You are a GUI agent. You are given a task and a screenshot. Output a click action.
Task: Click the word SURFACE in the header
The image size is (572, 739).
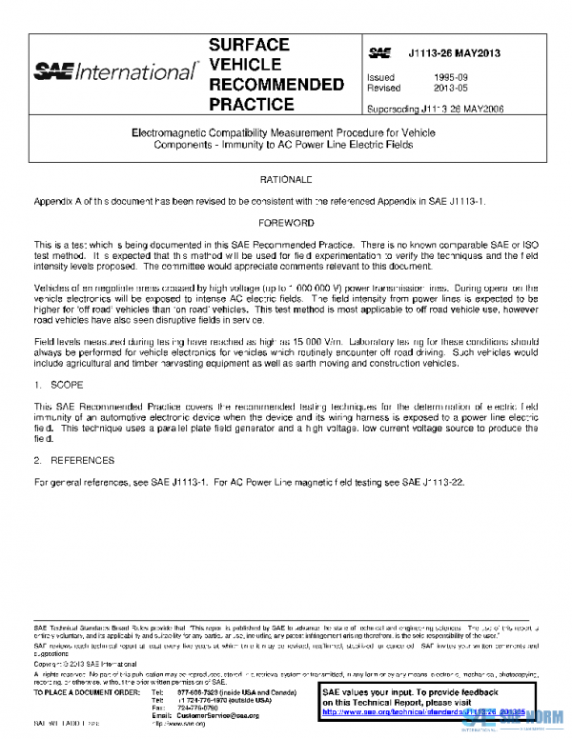pyautogui.click(x=249, y=45)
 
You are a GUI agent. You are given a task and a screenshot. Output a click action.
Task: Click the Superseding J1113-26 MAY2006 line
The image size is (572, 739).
pyautogui.click(x=435, y=108)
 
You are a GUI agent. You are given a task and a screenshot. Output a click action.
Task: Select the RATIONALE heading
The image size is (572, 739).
pyautogui.click(x=286, y=179)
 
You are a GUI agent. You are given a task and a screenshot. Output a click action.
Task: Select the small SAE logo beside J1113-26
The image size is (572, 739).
pyautogui.click(x=379, y=53)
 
